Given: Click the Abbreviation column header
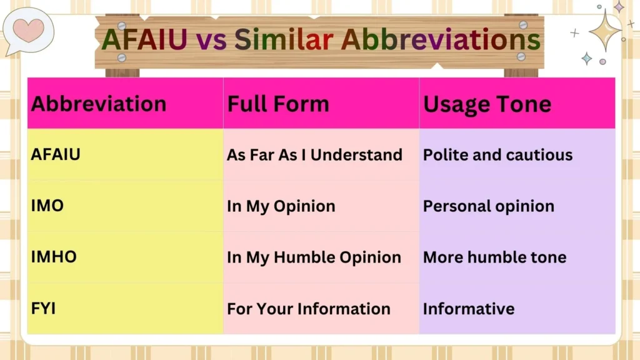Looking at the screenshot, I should pyautogui.click(x=99, y=104).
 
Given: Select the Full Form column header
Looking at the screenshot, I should pyautogui.click(x=278, y=104).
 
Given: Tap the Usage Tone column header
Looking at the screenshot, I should pyautogui.click(x=487, y=104).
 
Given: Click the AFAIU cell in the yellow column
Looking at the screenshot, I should pyautogui.click(x=56, y=154).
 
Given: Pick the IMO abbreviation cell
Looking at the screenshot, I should pyautogui.click(x=47, y=206).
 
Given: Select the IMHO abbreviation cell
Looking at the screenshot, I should pyautogui.click(x=54, y=257).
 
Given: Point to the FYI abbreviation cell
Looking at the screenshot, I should pyautogui.click(x=44, y=308).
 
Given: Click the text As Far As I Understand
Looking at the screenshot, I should pyautogui.click(x=314, y=155).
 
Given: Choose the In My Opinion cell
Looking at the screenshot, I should pyautogui.click(x=281, y=206).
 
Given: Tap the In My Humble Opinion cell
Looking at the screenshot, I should pyautogui.click(x=314, y=257).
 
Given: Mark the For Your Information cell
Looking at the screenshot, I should pyautogui.click(x=309, y=309).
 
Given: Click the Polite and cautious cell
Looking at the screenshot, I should pyautogui.click(x=497, y=155).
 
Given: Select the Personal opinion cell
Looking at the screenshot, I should pyautogui.click(x=489, y=206).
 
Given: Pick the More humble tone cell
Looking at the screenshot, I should pyautogui.click(x=494, y=257).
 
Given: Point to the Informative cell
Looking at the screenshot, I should pyautogui.click(x=469, y=309).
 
